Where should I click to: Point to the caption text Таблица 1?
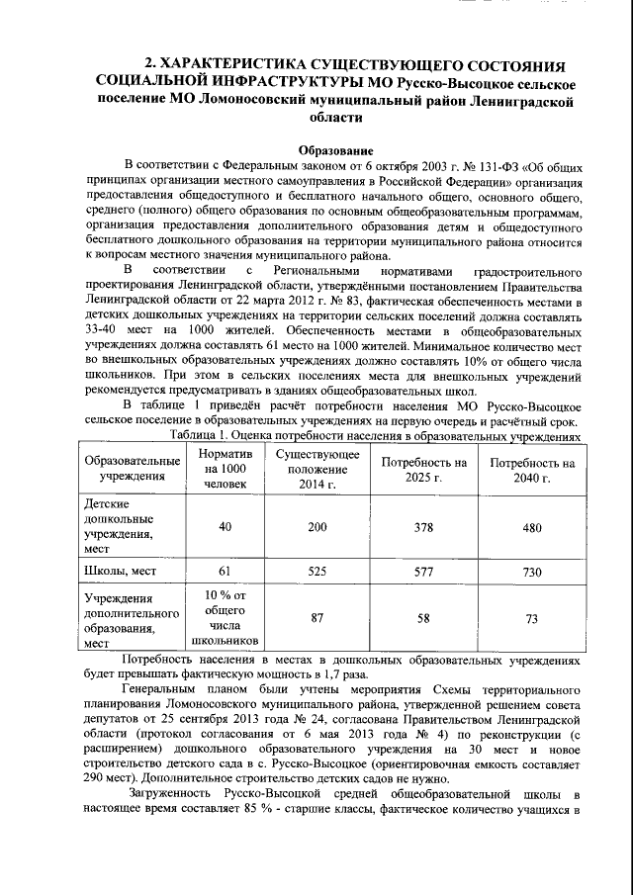pos(202,435)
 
